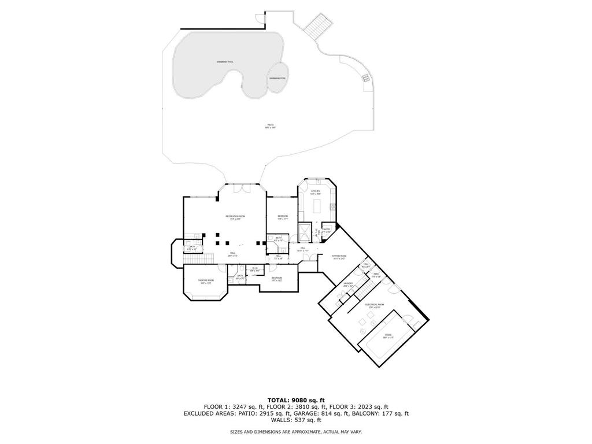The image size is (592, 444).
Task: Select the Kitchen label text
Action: point(316,191)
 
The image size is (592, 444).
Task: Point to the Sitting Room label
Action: point(339,256)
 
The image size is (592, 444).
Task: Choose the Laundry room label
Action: point(348,284)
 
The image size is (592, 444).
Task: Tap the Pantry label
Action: point(327,230)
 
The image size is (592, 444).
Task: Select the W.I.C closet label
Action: point(254,268)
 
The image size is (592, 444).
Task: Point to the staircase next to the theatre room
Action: point(199,257)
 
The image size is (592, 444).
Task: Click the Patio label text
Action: point(270,124)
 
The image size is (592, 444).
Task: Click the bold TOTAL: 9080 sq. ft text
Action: point(296,400)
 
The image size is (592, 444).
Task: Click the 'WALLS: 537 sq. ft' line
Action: point(296,420)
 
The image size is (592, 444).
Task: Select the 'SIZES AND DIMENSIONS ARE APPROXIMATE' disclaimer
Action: point(296,432)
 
